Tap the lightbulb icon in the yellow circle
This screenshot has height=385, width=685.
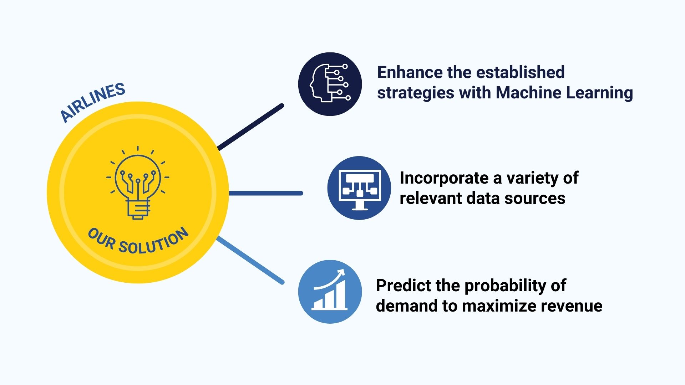(138, 183)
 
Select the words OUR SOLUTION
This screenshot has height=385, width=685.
(138, 241)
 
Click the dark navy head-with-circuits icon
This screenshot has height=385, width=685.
(330, 84)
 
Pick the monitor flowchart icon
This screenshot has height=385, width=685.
(359, 188)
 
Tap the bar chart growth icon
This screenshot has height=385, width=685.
(330, 292)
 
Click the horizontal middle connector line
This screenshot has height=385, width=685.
(266, 193)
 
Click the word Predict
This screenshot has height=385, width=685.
(399, 286)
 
